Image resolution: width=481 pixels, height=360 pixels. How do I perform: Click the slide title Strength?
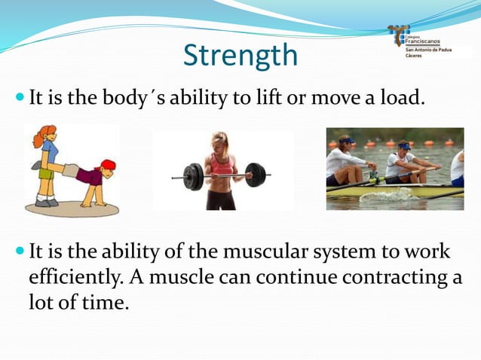tap(240, 56)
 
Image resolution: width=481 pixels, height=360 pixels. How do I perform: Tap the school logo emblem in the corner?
tap(398, 35)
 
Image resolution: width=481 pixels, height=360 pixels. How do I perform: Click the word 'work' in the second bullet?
tap(427, 252)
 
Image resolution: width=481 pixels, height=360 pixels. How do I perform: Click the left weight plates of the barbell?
tap(193, 177)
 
